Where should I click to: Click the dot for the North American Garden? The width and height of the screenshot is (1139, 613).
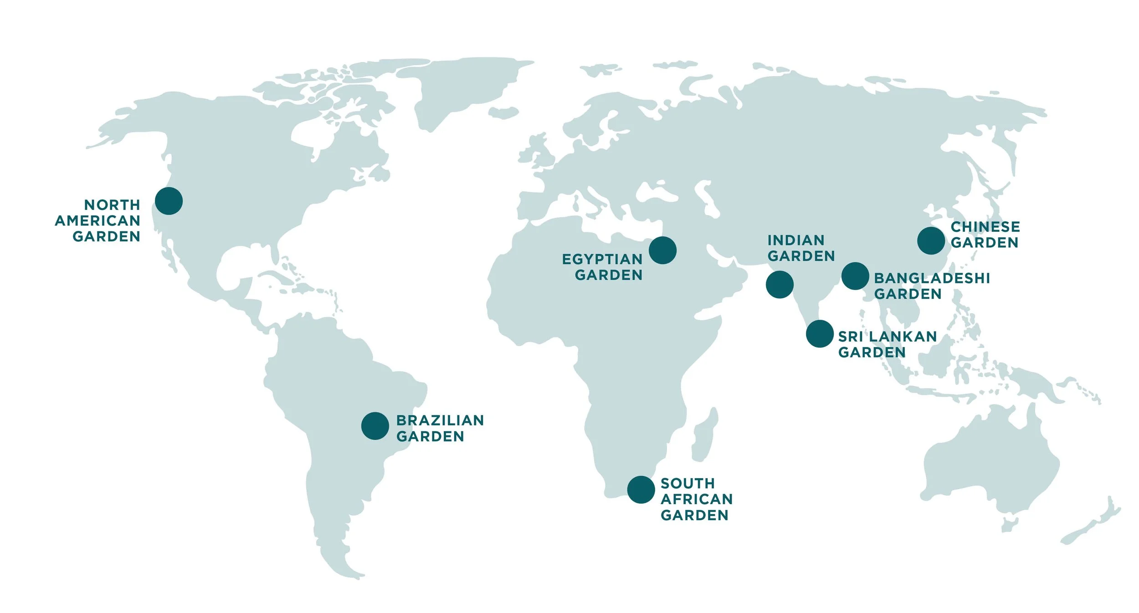click(169, 201)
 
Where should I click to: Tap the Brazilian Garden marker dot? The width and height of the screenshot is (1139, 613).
click(375, 426)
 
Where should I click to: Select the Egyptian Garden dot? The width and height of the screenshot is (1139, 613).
click(662, 250)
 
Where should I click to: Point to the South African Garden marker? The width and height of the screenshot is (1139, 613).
click(641, 490)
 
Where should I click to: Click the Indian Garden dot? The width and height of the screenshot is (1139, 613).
click(780, 285)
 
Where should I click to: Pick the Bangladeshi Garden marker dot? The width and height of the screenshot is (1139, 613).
click(855, 276)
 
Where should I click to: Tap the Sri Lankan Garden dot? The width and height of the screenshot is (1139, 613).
click(820, 334)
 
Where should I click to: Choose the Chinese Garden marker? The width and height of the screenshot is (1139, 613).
click(931, 240)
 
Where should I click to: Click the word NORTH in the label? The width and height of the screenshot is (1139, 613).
click(112, 205)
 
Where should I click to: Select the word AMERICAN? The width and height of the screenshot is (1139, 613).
click(97, 221)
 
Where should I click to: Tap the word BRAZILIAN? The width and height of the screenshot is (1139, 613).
click(440, 420)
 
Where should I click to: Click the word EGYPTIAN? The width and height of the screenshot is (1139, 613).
click(602, 259)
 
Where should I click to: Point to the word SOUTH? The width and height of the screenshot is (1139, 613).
click(688, 483)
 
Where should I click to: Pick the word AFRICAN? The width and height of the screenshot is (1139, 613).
click(696, 499)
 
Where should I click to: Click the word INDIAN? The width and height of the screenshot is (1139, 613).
click(796, 240)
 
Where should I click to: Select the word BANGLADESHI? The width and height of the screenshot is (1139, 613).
click(932, 278)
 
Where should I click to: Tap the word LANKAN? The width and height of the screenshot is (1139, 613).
click(903, 337)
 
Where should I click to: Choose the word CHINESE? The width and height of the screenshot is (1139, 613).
click(985, 227)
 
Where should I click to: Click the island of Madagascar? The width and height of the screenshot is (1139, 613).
click(704, 435)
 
